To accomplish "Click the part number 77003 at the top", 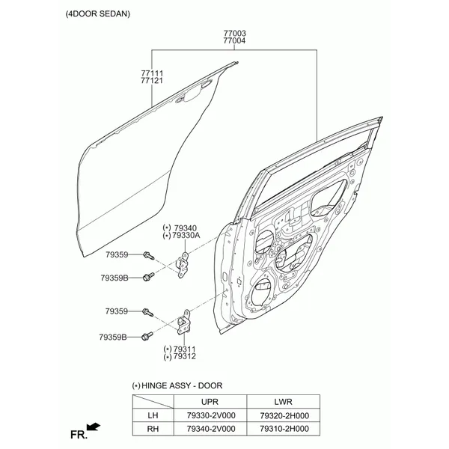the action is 234,33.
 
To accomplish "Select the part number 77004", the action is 234,40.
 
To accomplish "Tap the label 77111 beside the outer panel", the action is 152,73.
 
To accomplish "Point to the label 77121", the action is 152,81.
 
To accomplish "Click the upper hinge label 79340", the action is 186,228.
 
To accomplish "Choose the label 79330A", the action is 186,236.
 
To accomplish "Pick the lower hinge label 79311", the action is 185,349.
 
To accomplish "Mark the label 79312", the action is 185,356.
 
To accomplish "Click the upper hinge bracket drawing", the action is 182,265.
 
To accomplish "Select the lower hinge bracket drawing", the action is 183,323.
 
